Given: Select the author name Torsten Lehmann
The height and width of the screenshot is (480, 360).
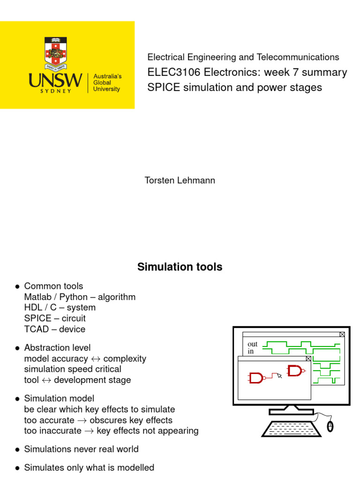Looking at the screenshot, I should point(180,180).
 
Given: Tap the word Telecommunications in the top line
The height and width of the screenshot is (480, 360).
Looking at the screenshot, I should point(298,57).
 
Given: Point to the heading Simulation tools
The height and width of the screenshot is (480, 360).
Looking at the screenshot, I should point(180,267).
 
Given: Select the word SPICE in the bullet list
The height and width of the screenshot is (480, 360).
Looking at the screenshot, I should point(37,318).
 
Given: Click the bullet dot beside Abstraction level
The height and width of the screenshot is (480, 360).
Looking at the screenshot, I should point(17,348).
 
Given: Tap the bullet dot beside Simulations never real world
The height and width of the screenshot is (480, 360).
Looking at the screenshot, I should point(17,450).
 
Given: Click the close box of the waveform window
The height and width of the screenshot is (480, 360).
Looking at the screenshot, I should point(342,334).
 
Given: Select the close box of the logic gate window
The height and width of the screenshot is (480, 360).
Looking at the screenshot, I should point(308,359).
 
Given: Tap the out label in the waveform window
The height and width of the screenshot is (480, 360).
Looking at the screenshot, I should point(253,344).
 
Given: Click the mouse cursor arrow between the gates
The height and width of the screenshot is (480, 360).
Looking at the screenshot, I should point(280,375).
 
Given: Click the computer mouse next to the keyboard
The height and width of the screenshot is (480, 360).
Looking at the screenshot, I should point(330,426).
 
